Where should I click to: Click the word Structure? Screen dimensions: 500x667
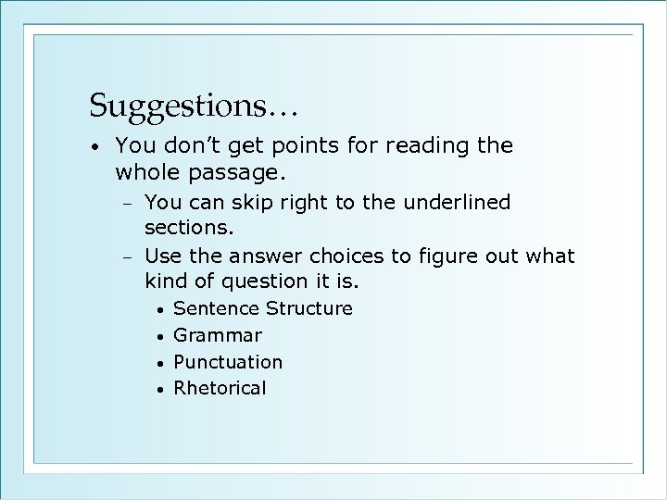[309, 307]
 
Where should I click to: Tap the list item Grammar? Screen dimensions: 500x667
[218, 335]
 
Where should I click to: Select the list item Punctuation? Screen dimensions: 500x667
[228, 361]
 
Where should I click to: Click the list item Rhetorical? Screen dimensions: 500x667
[220, 387]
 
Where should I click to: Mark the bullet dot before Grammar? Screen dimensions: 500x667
[160, 336]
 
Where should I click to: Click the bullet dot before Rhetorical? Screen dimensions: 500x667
[160, 389]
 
